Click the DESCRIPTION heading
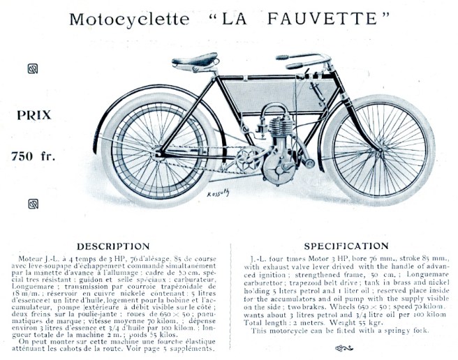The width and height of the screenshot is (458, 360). pyautogui.click(x=113, y=246)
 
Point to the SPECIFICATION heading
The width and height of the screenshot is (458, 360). pyautogui.click(x=347, y=246)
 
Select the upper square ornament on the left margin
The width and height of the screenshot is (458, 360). pyautogui.click(x=32, y=68)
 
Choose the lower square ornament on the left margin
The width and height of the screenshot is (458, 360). pyautogui.click(x=32, y=203)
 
